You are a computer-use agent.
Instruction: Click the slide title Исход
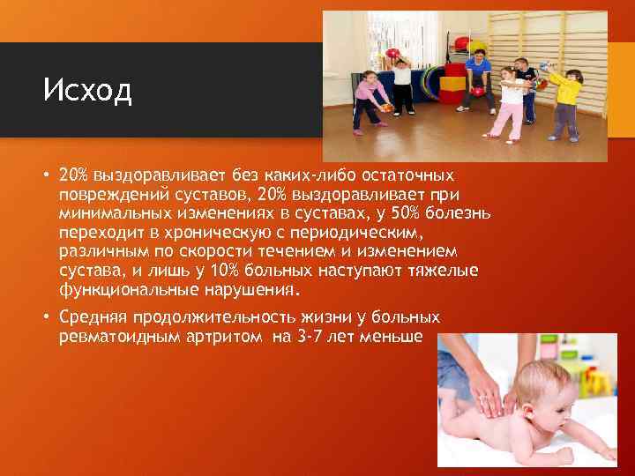87,90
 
